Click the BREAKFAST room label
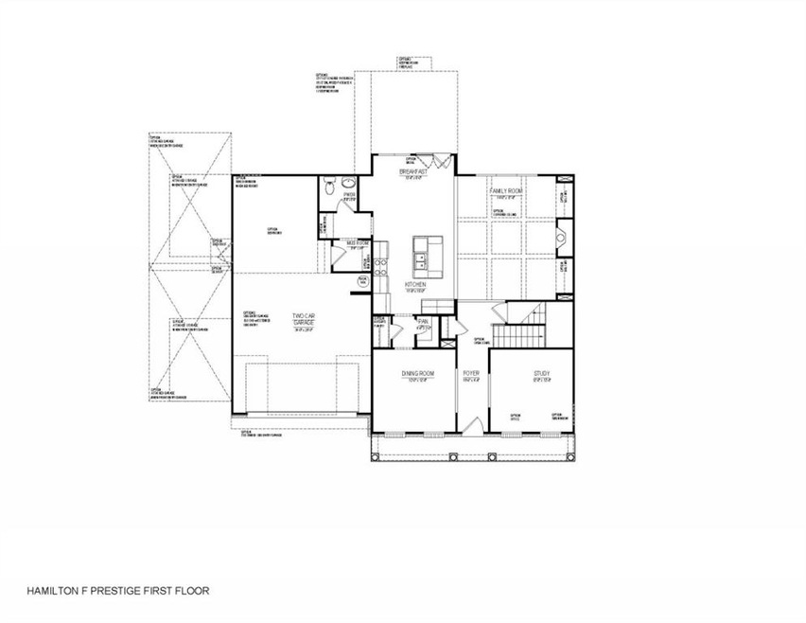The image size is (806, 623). point(413,171)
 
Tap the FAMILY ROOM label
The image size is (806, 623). point(506,191)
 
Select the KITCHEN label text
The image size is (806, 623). point(415,284)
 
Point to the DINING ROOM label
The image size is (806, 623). point(417,374)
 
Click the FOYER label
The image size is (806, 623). point(471,374)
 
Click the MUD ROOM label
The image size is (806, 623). point(357,243)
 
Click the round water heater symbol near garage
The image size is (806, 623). point(361,282)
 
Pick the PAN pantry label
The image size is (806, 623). point(424,323)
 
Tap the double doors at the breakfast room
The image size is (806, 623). point(429,160)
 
